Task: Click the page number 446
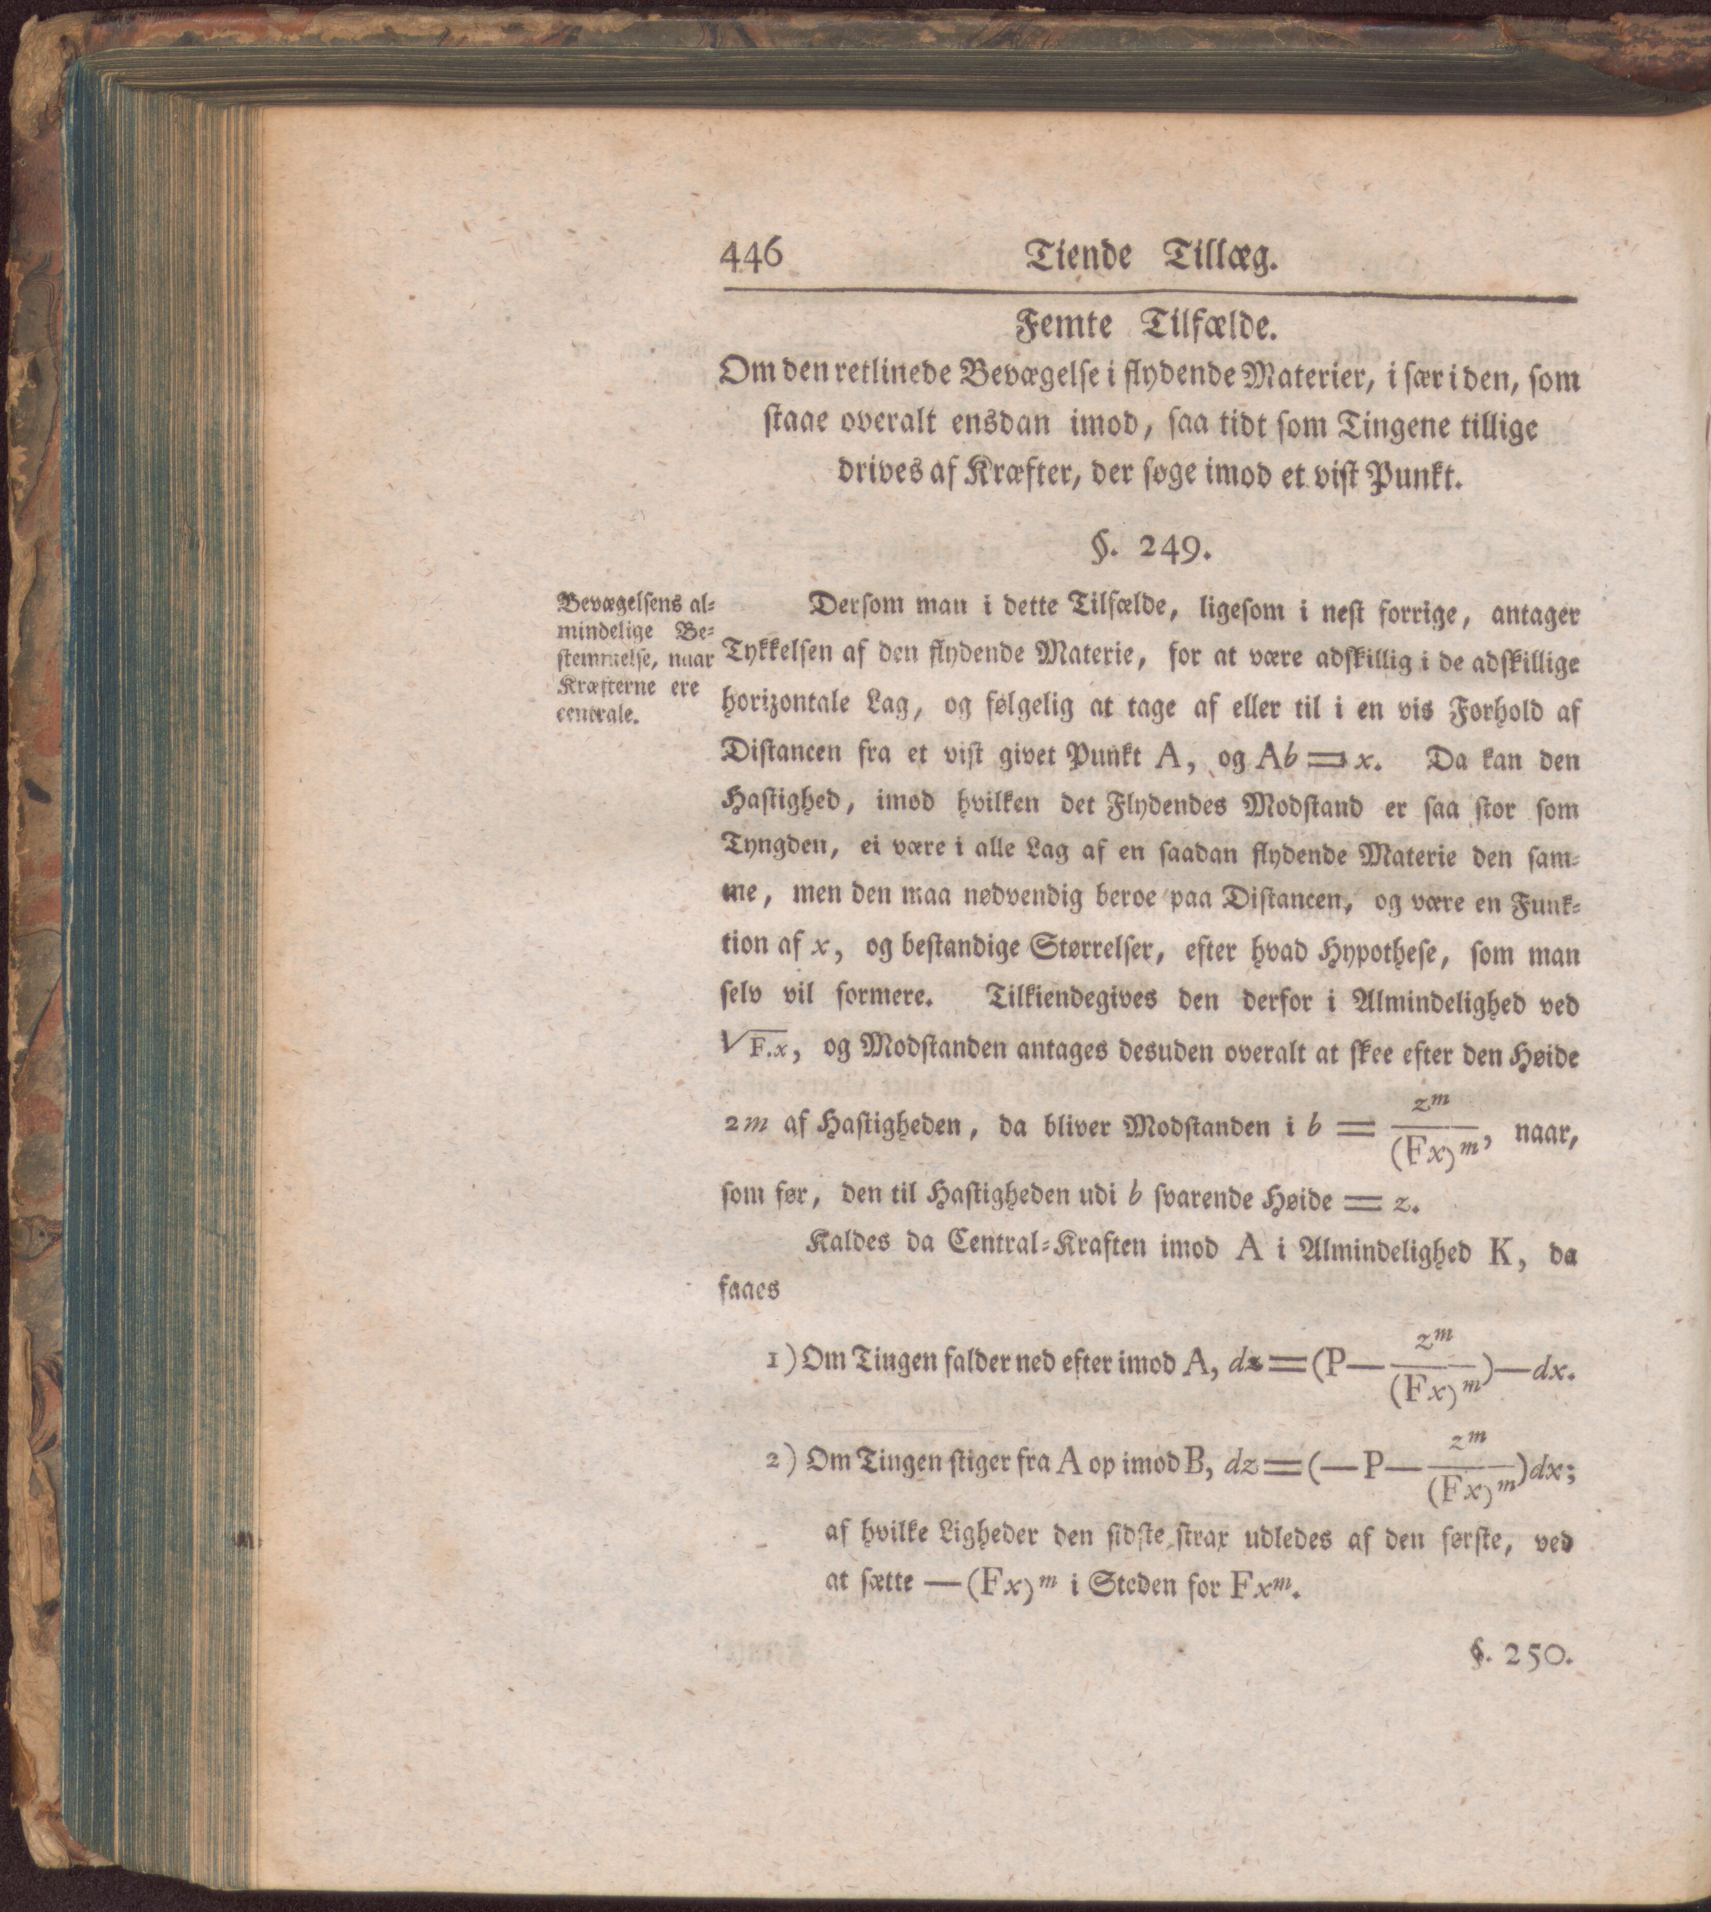click(751, 256)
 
